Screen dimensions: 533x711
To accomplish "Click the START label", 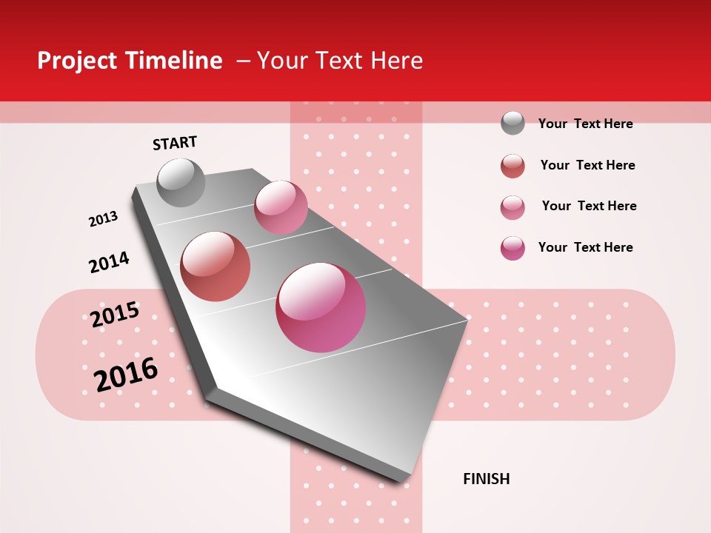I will point(175,143).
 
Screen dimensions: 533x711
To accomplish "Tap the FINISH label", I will point(486,479).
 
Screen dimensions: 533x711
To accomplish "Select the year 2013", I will point(104,219).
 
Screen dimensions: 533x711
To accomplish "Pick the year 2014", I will point(109,262).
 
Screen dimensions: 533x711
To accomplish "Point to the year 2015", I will point(115,315).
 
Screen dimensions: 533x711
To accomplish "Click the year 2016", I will point(126,374).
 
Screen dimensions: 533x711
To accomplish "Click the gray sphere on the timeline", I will point(181,182).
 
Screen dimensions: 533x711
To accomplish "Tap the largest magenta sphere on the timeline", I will point(321,306).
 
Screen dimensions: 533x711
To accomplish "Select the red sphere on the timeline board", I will point(216,266).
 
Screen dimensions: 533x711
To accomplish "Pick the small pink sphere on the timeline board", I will point(281,207).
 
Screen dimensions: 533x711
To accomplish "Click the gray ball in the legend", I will point(513,123).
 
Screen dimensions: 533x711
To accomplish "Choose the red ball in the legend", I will point(513,166).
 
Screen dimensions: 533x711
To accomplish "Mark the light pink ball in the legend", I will point(513,207).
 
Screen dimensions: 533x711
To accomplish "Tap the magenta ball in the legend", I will point(513,248).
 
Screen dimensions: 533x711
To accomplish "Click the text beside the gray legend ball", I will point(585,124).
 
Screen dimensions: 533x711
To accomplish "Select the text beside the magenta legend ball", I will point(585,247).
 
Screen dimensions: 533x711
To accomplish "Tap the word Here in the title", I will point(397,61).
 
